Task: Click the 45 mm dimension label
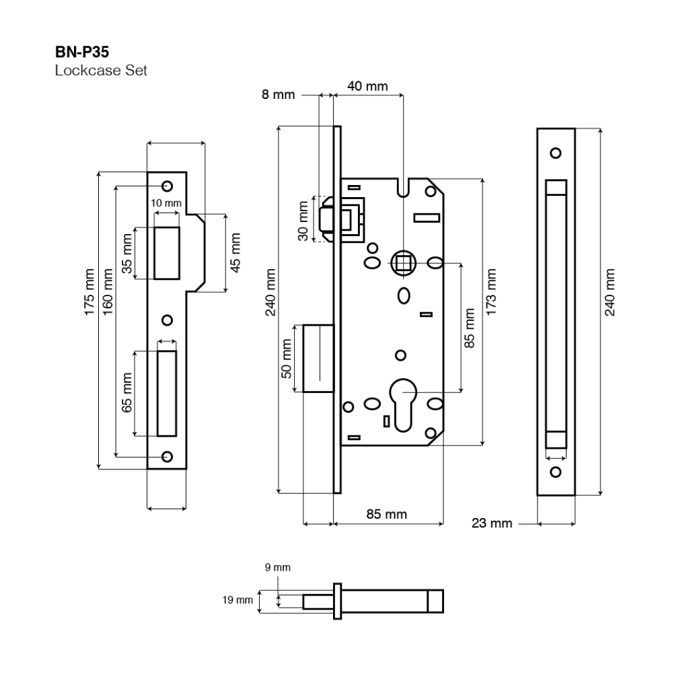(235, 252)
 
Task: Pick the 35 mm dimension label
(127, 253)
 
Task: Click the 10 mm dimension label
(166, 203)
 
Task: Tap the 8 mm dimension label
(279, 95)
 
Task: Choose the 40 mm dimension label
(367, 86)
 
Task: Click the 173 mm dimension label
(492, 287)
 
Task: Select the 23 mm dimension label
(492, 523)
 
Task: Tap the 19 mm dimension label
(239, 598)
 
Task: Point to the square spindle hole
(403, 262)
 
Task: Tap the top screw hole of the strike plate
(167, 186)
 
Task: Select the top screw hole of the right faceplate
(556, 153)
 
